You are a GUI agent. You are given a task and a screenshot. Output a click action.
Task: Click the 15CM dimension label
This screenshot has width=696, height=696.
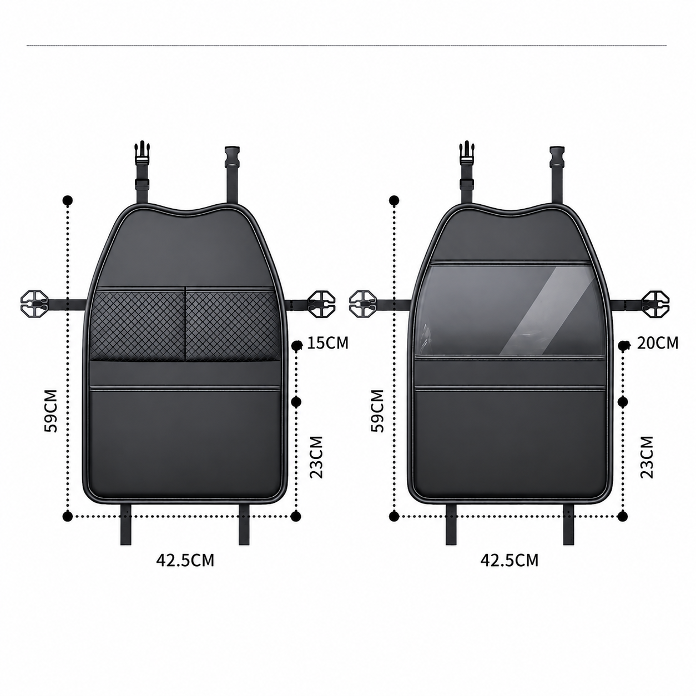point(327,343)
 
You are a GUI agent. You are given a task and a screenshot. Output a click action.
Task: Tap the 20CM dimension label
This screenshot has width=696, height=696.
point(657,343)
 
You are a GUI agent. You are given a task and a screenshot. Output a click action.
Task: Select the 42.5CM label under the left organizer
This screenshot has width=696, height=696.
point(185,560)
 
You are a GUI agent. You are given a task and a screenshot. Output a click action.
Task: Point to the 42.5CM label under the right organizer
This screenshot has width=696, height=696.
point(510,560)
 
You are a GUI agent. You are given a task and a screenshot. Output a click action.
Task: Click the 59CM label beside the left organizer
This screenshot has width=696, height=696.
point(51,411)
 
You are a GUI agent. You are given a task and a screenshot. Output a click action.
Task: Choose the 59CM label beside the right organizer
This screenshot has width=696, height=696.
point(377,411)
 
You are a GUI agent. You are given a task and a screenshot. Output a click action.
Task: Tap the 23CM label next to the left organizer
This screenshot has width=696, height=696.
point(316,457)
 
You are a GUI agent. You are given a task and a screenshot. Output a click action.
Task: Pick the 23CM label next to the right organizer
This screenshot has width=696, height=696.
point(647,457)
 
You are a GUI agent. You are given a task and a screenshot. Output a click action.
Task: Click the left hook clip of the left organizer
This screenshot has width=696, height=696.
point(34,304)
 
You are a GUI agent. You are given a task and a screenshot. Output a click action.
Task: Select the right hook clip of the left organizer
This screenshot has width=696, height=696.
point(321,304)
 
